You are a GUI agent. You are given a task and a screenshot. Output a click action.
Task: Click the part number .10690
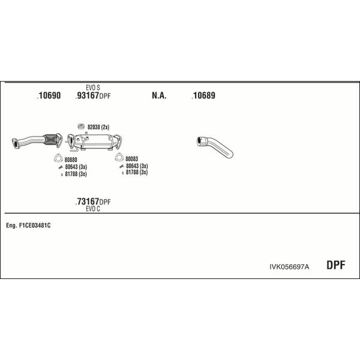[49, 95]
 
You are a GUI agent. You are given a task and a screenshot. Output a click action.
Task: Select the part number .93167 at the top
[87, 95]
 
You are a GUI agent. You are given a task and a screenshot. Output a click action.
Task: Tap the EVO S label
[93, 88]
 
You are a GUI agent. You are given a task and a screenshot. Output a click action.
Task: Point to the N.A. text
[159, 95]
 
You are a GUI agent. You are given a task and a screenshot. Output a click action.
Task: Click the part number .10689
[203, 95]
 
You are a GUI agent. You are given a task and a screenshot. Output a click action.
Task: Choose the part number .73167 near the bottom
[87, 202]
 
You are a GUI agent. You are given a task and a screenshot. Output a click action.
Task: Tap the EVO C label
[93, 209]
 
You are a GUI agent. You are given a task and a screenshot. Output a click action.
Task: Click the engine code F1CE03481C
[35, 226]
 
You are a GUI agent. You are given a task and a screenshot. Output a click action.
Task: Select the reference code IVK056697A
[289, 267]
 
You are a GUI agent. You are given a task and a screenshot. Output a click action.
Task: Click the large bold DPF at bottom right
[335, 265]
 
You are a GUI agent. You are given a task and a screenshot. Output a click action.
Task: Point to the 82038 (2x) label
[98, 127]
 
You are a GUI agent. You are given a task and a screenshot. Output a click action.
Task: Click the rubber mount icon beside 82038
[81, 126]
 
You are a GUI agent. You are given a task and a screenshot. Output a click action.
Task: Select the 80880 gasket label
[71, 160]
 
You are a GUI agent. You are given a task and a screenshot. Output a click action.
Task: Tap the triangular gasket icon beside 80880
[58, 158]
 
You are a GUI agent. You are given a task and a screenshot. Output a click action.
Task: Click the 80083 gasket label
[132, 158]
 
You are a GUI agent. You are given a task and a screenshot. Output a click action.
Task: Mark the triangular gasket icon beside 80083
[119, 157]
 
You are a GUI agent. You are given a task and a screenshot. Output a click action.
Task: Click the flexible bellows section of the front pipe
[50, 139]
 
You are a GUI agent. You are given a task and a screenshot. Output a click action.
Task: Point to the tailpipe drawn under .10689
[215, 147]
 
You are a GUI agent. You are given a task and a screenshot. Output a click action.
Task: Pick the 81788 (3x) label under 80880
[76, 174]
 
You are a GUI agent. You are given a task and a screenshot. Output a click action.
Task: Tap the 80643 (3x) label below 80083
[137, 166]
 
